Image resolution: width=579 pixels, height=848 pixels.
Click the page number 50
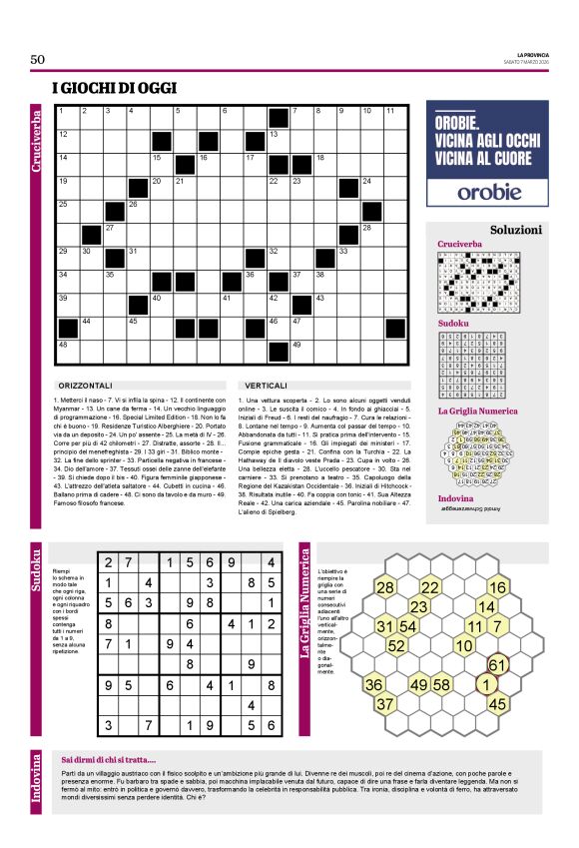pos(38,60)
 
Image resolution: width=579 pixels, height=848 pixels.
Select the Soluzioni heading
pos(516,229)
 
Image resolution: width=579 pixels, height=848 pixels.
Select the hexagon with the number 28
pos(384,587)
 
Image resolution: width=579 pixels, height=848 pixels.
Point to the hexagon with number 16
pos(497,587)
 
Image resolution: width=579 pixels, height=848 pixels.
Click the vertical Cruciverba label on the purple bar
pos(37,151)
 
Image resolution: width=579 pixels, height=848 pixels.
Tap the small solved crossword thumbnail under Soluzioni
pos(483,280)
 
